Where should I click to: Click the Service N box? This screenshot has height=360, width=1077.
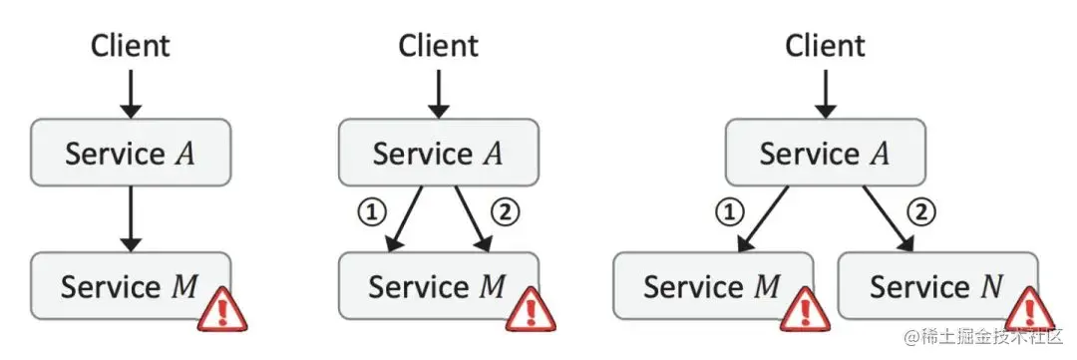pyautogui.click(x=937, y=286)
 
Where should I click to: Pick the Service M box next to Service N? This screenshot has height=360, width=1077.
pyautogui.click(x=713, y=286)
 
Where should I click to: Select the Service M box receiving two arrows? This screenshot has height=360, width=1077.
pyautogui.click(x=439, y=286)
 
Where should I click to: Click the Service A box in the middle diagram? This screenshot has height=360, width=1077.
pyautogui.click(x=439, y=152)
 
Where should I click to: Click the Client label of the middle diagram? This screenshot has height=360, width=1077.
pyautogui.click(x=439, y=46)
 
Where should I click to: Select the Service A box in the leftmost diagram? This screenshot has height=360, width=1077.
pyautogui.click(x=131, y=152)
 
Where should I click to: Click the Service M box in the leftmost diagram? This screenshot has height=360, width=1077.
pyautogui.click(x=131, y=286)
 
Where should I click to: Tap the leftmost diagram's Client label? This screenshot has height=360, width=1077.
pyautogui.click(x=131, y=46)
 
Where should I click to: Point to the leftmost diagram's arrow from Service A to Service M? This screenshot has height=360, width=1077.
pyautogui.click(x=131, y=219)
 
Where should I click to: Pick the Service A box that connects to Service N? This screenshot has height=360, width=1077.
pyautogui.click(x=826, y=152)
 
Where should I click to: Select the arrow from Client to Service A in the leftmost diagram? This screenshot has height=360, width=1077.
pyautogui.click(x=131, y=94)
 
